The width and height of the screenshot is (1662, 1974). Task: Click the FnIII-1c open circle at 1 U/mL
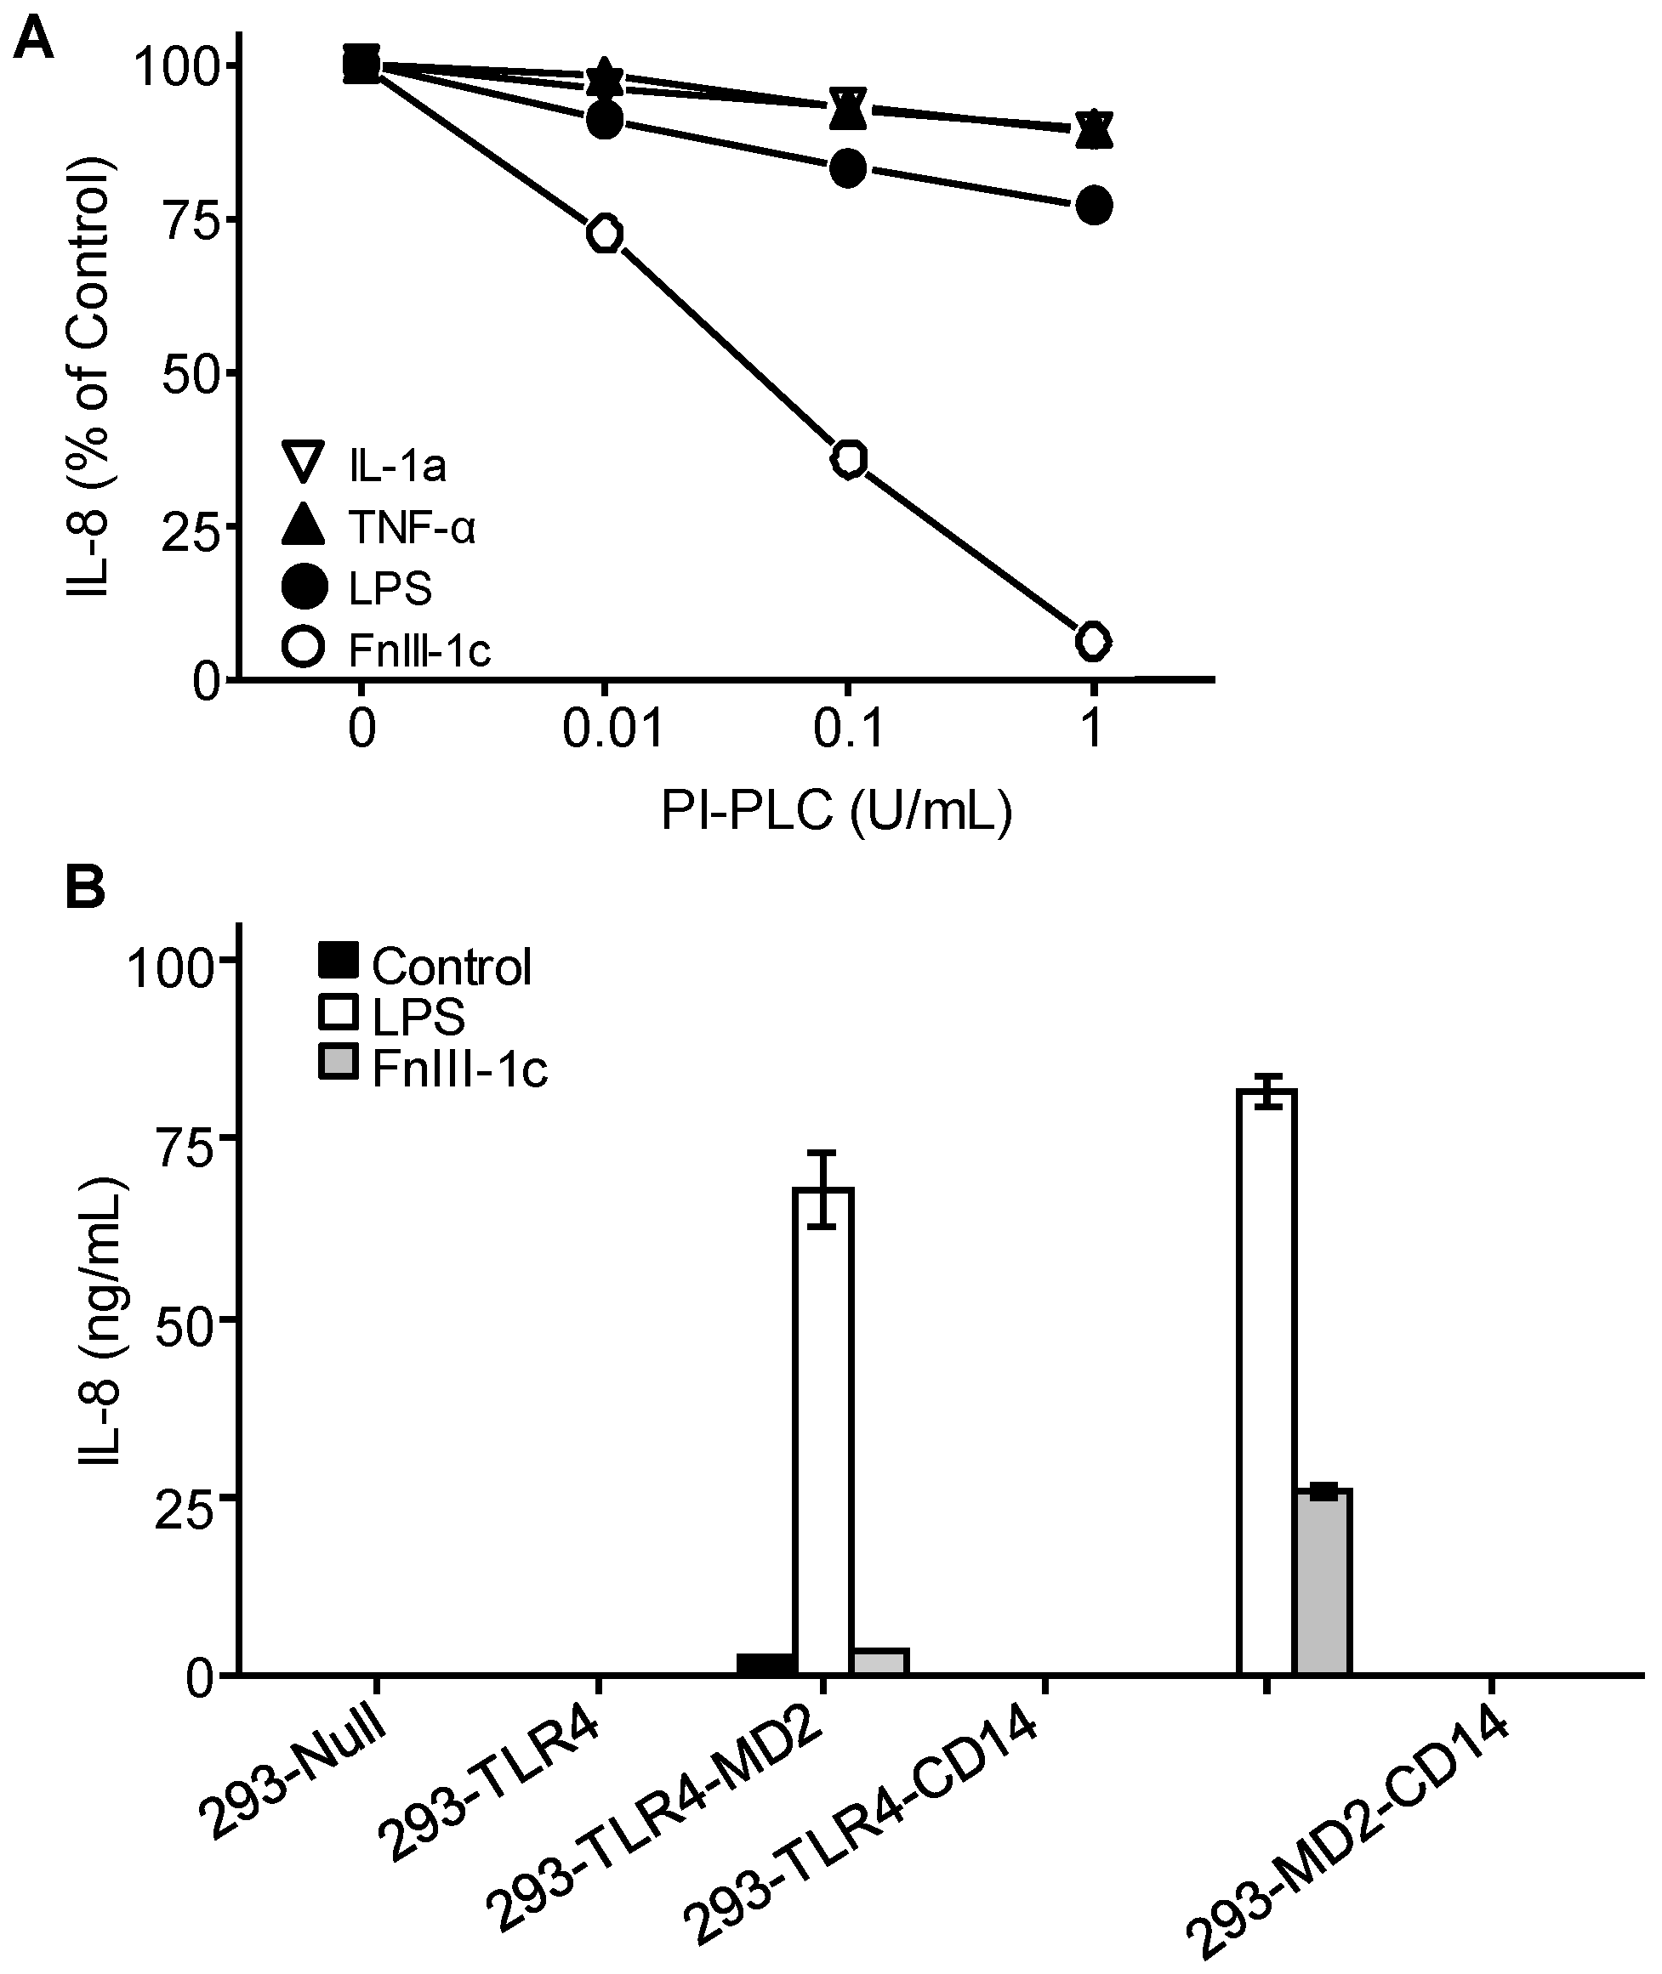click(1093, 641)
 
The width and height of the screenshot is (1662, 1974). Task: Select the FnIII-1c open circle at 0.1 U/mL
click(849, 459)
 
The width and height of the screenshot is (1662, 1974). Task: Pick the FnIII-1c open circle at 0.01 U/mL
click(605, 234)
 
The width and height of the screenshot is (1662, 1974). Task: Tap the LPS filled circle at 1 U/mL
click(1094, 206)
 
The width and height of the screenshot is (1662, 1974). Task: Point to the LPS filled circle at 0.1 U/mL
click(849, 168)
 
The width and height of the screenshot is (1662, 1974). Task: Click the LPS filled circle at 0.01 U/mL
click(605, 120)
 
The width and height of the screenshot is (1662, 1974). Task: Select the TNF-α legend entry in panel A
click(379, 526)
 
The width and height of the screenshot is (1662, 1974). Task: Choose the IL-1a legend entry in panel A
click(366, 465)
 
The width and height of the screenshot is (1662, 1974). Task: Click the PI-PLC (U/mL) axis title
click(837, 810)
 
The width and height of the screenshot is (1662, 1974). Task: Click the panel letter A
click(32, 40)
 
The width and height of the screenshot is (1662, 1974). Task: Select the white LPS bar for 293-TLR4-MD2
click(822, 1432)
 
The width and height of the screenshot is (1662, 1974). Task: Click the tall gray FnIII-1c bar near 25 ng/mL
click(1322, 1583)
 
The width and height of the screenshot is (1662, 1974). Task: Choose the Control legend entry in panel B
click(424, 967)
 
